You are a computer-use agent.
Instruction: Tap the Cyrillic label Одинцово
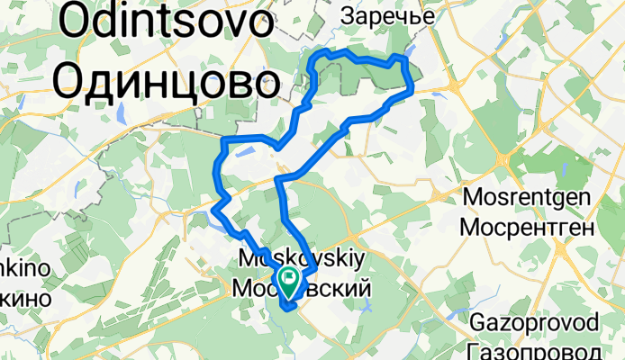pyautogui.click(x=165, y=83)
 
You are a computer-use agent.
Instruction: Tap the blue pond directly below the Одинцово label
pyautogui.click(x=120, y=113)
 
